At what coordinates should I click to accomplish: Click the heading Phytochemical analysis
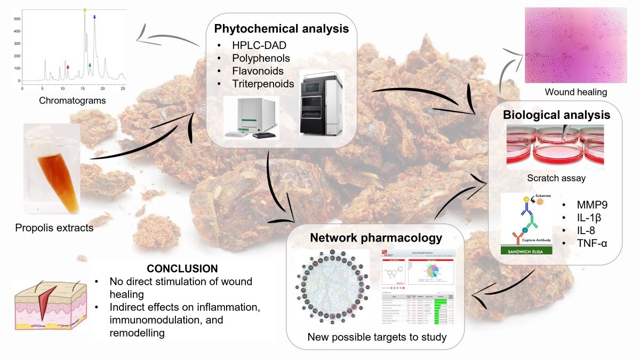click(x=282, y=29)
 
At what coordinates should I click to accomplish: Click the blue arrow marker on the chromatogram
click(x=94, y=18)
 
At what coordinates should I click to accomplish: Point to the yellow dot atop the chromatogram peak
click(x=84, y=10)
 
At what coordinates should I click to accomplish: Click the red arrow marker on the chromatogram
click(x=68, y=67)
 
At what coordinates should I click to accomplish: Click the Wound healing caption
click(x=575, y=92)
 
